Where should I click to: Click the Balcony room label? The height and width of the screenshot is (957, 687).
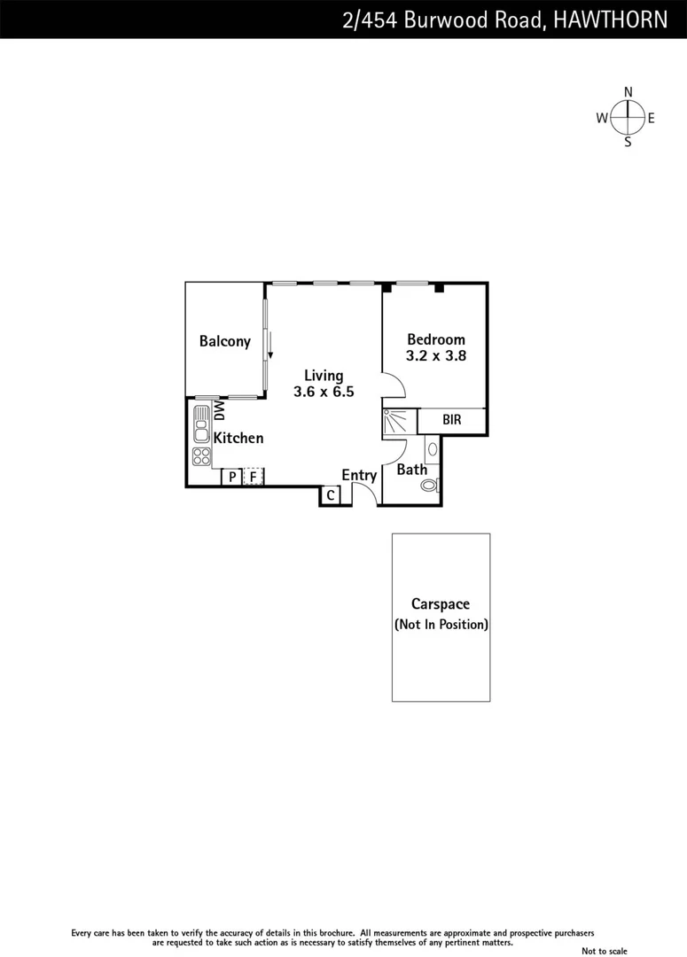(x=224, y=341)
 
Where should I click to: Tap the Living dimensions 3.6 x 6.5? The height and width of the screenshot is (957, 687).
(x=324, y=391)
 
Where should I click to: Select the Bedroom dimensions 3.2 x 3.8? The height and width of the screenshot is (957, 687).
(x=435, y=355)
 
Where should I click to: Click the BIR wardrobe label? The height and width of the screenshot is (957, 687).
(x=451, y=420)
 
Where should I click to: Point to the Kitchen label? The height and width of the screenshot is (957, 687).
(x=238, y=438)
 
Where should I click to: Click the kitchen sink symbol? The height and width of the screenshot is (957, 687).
(x=201, y=430)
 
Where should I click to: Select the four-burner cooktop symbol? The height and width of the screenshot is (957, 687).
(x=201, y=456)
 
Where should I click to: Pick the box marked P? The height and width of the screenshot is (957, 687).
(x=231, y=477)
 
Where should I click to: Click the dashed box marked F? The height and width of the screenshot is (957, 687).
(x=254, y=477)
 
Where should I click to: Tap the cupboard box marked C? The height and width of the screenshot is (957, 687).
(x=330, y=495)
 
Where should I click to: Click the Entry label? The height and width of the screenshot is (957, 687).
(x=359, y=475)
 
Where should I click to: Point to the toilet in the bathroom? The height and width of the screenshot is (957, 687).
(x=430, y=485)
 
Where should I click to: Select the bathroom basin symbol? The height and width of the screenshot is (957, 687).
(x=432, y=449)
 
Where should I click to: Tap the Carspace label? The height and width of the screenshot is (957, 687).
(x=441, y=604)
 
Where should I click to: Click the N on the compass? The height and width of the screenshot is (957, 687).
(x=628, y=92)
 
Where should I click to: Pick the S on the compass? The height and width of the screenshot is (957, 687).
(x=628, y=142)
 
